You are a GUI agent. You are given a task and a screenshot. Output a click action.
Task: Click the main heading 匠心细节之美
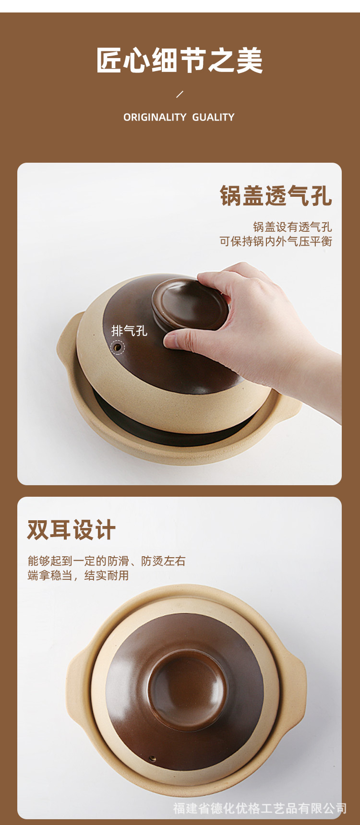pyautogui.click(x=180, y=60)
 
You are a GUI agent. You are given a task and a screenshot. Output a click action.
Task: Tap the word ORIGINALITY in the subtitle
pyautogui.click(x=155, y=117)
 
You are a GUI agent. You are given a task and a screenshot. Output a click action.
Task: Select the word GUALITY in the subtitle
pyautogui.click(x=213, y=117)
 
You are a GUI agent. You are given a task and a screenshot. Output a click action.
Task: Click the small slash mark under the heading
pyautogui.click(x=180, y=94)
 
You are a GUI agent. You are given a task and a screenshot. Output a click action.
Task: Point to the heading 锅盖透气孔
pyautogui.click(x=276, y=196)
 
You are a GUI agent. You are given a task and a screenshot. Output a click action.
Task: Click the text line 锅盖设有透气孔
pyautogui.click(x=292, y=227)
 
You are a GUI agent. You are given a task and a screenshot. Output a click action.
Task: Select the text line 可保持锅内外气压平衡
pyautogui.click(x=276, y=241)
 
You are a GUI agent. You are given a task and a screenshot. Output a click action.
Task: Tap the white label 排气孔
pyautogui.click(x=129, y=331)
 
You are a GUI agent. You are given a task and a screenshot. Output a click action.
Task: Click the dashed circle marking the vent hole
pyautogui.click(x=117, y=347)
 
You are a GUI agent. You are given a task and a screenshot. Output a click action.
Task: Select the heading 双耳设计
pyautogui.click(x=72, y=530)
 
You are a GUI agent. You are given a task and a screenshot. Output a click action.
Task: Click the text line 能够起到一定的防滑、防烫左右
pyautogui.click(x=107, y=561)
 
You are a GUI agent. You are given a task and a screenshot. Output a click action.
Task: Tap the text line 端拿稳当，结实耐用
pyautogui.click(x=78, y=575)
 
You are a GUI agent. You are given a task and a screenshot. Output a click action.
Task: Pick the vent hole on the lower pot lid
pyautogui.click(x=153, y=759)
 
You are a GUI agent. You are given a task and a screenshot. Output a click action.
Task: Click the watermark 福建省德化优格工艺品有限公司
pyautogui.click(x=260, y=808)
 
